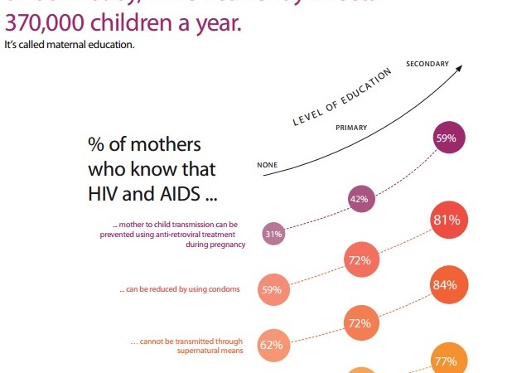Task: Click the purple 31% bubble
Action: pos(273,234)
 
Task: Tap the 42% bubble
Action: pos(360,199)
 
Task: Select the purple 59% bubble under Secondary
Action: pos(446,138)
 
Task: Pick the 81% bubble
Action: pos(446,220)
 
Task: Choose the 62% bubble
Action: pos(273,344)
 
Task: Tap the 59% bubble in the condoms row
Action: pos(273,289)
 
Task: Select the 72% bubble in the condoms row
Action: pos(360,260)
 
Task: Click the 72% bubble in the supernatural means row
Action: pos(360,322)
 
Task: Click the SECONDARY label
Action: pos(427,64)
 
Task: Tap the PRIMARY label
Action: pos(351,128)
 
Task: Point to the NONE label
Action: pos(267,165)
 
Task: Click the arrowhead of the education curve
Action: pos(457,70)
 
